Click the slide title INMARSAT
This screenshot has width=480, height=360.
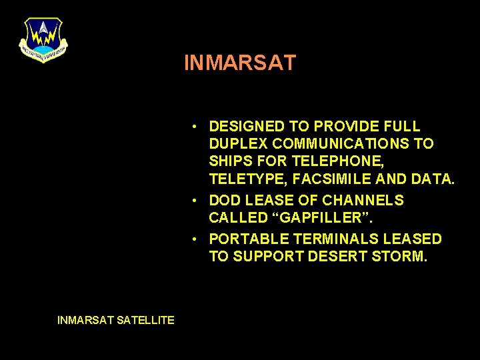point(240,63)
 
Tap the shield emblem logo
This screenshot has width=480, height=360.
point(43,39)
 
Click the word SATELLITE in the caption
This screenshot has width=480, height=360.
point(145,320)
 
